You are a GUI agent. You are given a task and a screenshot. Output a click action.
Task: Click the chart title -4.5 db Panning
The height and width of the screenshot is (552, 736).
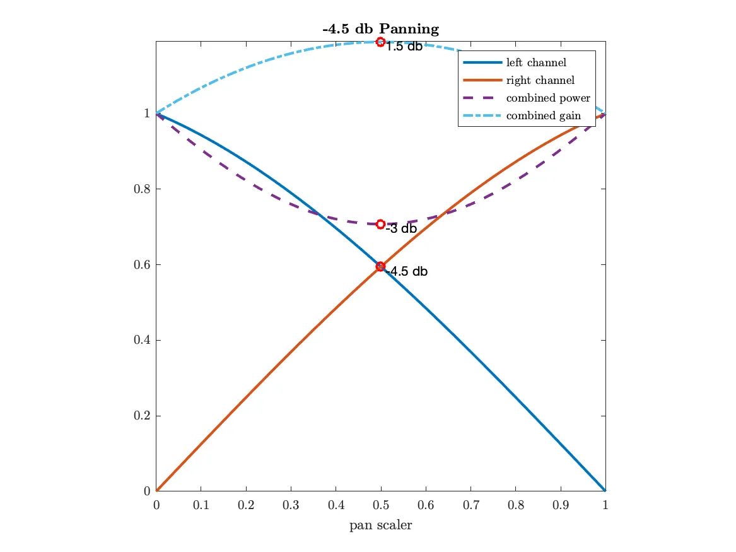click(380, 29)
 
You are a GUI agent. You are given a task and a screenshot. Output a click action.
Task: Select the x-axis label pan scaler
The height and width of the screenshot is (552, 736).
click(380, 525)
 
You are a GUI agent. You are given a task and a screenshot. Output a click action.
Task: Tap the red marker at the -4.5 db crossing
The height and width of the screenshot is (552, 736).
click(380, 266)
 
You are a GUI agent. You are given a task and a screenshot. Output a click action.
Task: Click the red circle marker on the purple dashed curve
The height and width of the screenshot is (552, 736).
click(380, 224)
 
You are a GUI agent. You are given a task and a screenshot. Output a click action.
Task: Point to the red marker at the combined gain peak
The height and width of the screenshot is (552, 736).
click(380, 42)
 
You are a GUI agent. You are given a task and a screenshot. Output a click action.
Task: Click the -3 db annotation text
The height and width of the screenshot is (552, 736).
click(402, 229)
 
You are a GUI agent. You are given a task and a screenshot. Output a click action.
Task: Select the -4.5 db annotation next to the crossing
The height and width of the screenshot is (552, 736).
click(407, 272)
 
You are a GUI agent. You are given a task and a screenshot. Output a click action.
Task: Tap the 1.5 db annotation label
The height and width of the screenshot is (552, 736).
click(404, 47)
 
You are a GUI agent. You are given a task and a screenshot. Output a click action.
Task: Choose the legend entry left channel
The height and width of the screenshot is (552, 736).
click(536, 62)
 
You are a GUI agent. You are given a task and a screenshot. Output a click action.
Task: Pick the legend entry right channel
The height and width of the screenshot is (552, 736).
click(540, 80)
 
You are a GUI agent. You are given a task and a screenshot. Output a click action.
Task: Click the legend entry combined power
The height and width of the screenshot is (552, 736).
click(547, 98)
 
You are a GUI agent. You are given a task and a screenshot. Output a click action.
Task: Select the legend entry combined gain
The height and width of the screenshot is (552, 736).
click(543, 115)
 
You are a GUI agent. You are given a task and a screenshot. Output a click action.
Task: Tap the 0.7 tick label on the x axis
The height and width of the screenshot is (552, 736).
click(470, 505)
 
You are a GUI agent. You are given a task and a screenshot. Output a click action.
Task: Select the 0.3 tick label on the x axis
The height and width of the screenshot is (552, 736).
click(291, 505)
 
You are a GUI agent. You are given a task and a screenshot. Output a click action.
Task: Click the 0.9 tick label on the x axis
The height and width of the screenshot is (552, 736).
click(560, 505)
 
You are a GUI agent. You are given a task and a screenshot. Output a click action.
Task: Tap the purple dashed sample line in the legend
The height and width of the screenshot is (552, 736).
click(482, 98)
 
